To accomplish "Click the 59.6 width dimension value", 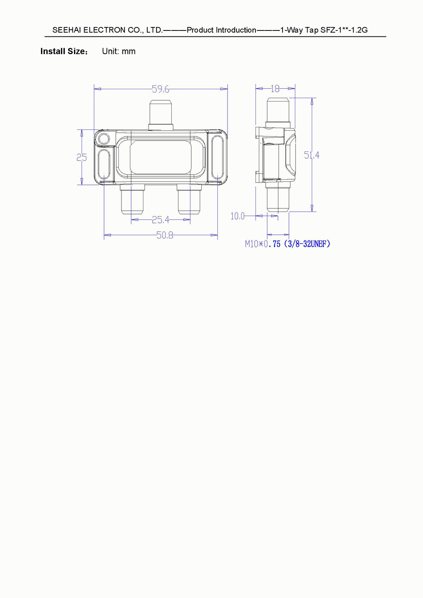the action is point(160,89).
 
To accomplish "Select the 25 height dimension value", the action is point(82,157).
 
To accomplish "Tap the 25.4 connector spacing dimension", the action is point(160,220).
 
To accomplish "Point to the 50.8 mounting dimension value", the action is point(165,235).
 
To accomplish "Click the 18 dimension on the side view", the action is point(275,89).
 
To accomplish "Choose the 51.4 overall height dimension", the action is point(312,155).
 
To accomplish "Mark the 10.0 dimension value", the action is point(237,216).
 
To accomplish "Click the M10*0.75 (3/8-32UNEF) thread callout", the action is point(288,244).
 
